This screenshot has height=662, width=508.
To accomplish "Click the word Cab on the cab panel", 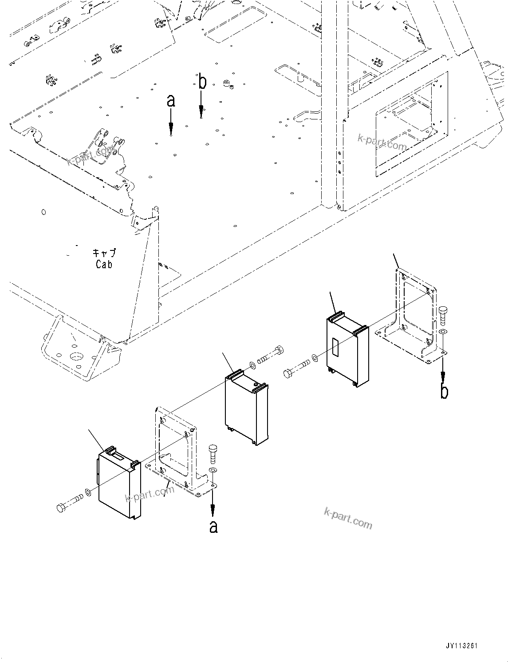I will point(104,264).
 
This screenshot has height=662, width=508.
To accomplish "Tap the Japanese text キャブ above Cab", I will point(104,253).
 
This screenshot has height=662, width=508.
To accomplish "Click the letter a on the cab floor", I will point(171,101).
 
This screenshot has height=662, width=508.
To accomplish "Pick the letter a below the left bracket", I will point(213,527).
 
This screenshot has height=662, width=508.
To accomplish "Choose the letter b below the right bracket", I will point(444,392).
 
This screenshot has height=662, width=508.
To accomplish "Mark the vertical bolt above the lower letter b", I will point(442,317).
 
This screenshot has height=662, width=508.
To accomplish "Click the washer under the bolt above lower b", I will point(442,333).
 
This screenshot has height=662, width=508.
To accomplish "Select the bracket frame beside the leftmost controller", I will point(175,448).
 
